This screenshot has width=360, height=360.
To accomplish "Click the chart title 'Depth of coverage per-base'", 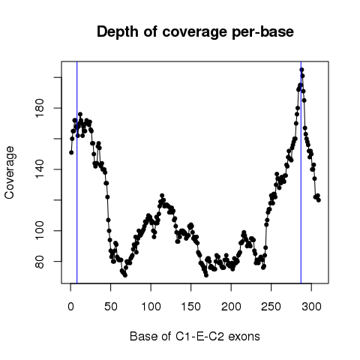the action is coord(195,32).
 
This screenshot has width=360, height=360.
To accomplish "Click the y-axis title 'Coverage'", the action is coord(10,172).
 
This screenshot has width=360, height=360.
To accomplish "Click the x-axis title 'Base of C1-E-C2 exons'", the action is coord(195,337).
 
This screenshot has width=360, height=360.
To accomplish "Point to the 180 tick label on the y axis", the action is coord(40,108).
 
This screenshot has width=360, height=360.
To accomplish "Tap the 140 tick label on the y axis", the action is coord(40,169).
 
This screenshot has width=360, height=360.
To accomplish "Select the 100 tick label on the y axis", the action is coord(40,230).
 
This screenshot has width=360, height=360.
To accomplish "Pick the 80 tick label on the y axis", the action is coord(40,261).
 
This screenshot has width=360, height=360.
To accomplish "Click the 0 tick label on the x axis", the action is coord(70,307).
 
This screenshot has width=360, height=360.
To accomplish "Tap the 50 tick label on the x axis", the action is coord(111,307).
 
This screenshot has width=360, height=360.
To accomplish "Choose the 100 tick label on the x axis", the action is coord(151,307).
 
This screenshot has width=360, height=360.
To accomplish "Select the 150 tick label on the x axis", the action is coord(191,307).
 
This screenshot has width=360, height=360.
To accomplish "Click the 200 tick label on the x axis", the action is coord(231,307).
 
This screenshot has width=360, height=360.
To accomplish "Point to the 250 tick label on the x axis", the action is coord(271,307).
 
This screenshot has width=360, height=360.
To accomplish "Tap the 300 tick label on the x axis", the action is coord(311,307).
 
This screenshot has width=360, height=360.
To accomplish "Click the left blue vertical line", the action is coord(77,172).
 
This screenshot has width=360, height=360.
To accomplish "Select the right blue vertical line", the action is coord(301,172).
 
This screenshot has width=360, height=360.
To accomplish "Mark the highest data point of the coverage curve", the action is coord(301,70).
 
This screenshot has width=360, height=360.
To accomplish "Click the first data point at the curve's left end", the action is coord(71,152).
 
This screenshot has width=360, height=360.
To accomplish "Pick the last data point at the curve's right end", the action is coord(319,199).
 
